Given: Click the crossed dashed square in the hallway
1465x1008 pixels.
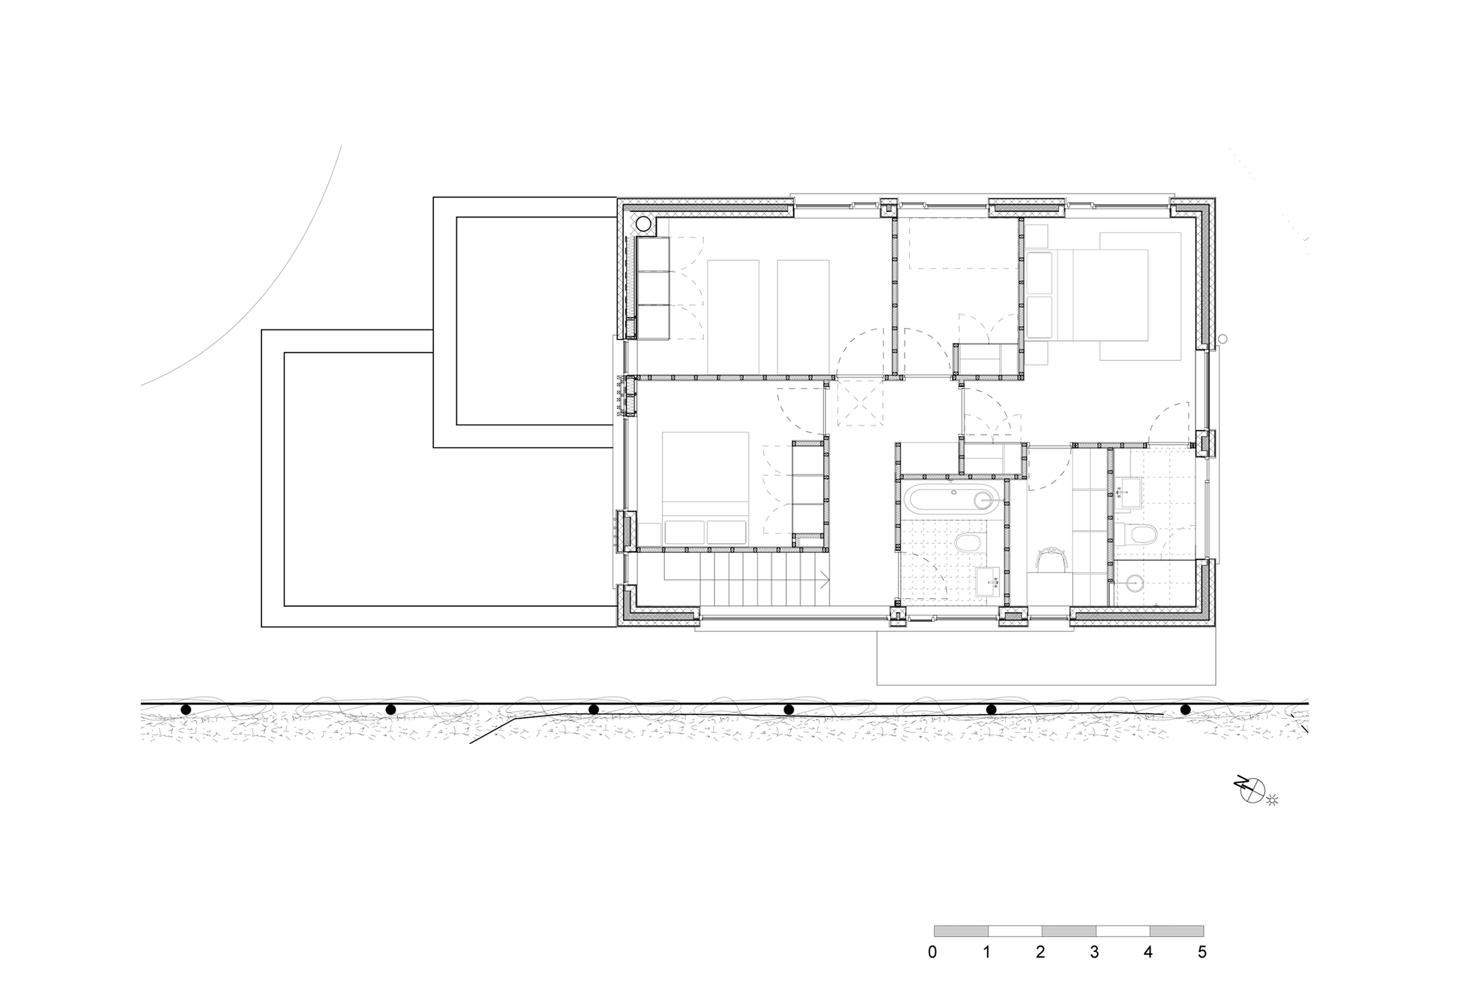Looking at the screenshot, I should (x=859, y=402).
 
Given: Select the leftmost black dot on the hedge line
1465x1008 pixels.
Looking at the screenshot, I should (x=185, y=710).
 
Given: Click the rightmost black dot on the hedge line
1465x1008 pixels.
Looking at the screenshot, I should (x=1185, y=710).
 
